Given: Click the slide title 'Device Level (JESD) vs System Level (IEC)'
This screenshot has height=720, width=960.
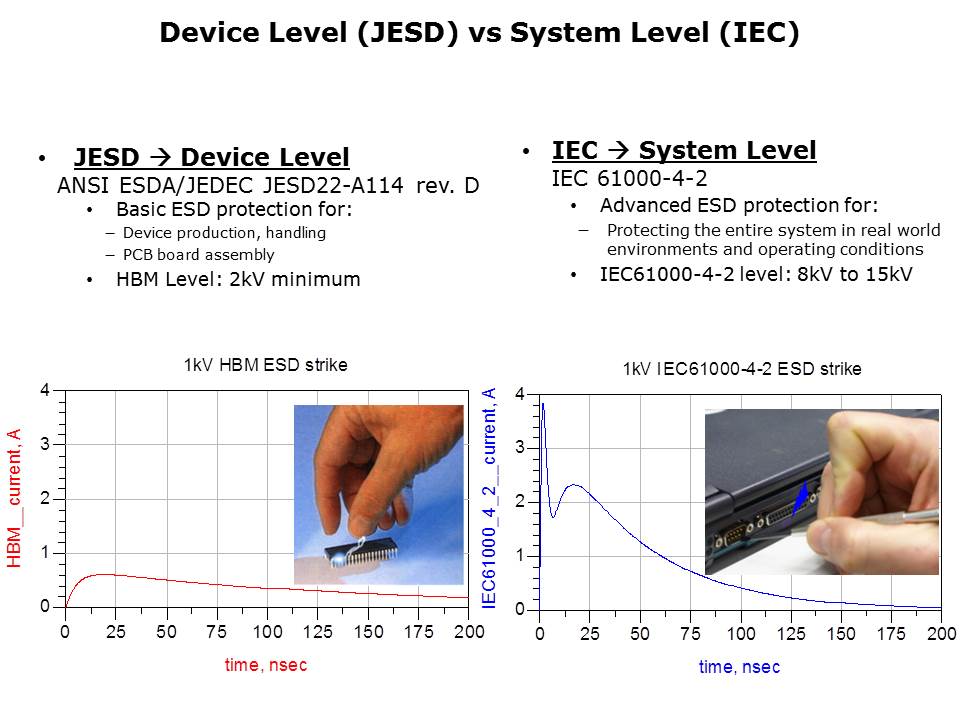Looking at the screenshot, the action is (x=479, y=33).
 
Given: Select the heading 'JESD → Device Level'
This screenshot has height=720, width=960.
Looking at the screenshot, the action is (x=211, y=157).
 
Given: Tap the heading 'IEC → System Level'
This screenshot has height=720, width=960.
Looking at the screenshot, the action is (x=684, y=151).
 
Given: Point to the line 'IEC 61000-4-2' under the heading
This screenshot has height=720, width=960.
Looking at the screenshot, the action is (x=629, y=178).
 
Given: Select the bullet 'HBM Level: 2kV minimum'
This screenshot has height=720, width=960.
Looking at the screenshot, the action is (x=238, y=279).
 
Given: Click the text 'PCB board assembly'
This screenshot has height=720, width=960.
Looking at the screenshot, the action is (x=198, y=255).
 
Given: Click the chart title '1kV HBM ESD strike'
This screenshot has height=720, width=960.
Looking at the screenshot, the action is (x=266, y=365).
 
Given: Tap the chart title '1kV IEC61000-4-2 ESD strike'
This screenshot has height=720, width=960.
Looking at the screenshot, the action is (x=742, y=369).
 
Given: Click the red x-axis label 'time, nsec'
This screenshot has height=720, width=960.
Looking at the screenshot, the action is (x=266, y=665).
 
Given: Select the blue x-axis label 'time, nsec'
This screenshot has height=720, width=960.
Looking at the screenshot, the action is (x=740, y=667).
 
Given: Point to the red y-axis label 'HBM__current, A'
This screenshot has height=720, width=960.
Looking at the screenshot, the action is (x=14, y=498).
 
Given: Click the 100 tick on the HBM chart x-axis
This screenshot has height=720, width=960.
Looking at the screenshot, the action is (x=268, y=632).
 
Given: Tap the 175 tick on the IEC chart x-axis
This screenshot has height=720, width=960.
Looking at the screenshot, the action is (x=891, y=634).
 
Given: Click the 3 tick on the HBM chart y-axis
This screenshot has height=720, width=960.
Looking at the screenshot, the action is (x=45, y=444).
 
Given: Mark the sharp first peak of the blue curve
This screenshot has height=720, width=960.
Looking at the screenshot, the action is (x=542, y=403).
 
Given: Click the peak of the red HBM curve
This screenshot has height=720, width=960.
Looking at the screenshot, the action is (x=103, y=574).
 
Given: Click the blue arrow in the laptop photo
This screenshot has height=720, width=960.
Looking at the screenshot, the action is (x=801, y=498).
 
